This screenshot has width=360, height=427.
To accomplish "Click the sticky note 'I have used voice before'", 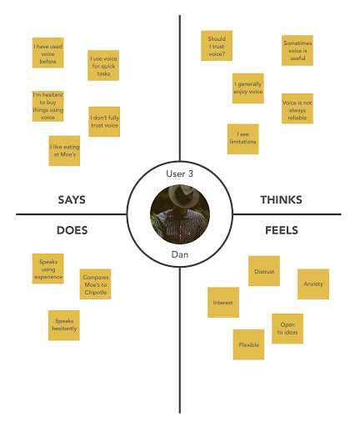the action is tap(48, 53).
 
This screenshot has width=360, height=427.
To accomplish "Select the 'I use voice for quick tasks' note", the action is tap(103, 65).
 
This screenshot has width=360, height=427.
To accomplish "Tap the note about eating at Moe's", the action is tap(64, 151).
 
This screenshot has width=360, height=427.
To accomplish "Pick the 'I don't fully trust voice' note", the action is tap(104, 122).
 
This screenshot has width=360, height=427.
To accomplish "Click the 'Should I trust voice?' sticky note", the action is tap(217, 46).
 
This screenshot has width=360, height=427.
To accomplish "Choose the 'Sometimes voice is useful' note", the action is tap(297, 50).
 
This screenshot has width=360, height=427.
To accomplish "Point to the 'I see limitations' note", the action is tap(243, 139).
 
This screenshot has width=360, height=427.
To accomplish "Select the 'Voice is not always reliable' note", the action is tap(297, 108).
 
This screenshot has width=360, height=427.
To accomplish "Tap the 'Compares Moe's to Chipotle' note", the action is tap(95, 284).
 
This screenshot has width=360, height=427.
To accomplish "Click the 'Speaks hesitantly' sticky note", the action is tap(64, 325).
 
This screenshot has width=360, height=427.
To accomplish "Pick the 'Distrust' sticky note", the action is tap(264, 271).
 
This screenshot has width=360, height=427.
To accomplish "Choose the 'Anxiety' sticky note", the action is tap(313, 284).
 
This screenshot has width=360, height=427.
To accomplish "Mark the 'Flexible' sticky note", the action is tap(248, 344).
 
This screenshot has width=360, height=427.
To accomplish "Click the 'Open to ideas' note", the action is tap(287, 329).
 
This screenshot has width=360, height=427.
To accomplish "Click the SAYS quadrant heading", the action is tap(72, 200).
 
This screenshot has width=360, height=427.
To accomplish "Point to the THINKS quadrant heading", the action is tap(281, 200).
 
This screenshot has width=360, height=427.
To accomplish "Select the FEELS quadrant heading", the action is tap(282, 230).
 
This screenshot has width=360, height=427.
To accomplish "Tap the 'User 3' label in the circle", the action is tap(179, 173).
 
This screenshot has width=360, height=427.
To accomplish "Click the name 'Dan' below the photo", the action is tap(180, 254).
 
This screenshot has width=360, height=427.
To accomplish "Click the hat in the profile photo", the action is tap(181, 194).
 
